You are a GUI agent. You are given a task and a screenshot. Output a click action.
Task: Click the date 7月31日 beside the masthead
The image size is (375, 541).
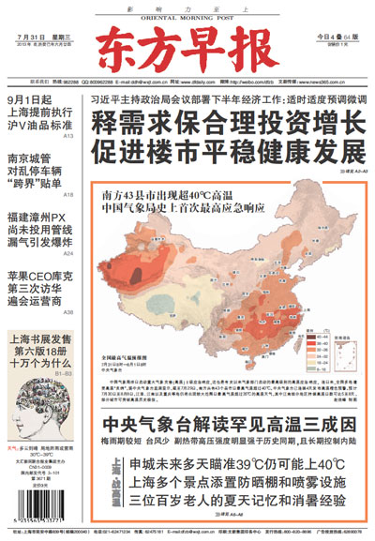pyautogui.click(x=29, y=37)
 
